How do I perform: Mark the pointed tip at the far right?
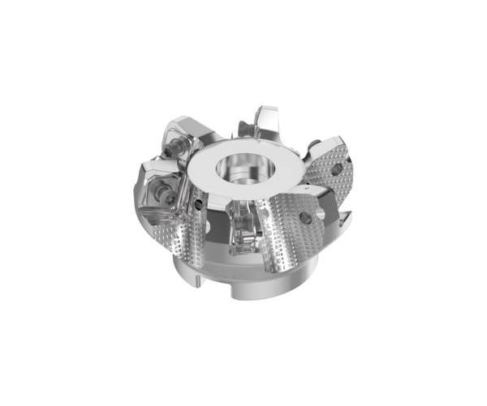pyautogui.click(x=349, y=214)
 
